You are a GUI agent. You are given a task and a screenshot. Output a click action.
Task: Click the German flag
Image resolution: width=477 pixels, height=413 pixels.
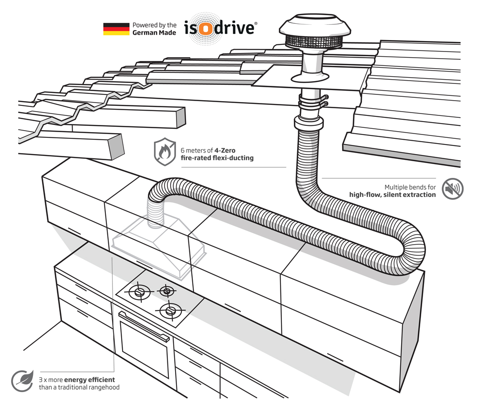(116, 29)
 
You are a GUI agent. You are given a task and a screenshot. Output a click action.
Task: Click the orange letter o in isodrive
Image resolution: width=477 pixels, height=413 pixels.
(206, 29)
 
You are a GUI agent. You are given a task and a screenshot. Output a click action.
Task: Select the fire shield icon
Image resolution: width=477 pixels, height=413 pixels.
(165, 152)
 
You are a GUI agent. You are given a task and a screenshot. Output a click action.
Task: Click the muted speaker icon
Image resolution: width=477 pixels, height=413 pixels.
(453, 189)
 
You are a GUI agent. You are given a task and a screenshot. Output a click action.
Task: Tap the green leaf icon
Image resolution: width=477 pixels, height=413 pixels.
(22, 381)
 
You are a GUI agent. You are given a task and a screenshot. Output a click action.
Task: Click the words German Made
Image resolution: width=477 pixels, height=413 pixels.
(154, 32)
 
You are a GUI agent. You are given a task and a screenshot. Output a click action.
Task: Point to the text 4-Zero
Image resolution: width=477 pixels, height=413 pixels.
(225, 150)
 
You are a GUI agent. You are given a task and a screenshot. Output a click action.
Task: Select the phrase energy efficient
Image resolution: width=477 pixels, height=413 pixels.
(90, 380)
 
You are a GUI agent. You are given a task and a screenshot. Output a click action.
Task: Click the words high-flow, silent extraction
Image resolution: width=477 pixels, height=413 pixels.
(393, 195)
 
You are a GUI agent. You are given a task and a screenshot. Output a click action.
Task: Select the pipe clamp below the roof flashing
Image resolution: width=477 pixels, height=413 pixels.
(313, 101)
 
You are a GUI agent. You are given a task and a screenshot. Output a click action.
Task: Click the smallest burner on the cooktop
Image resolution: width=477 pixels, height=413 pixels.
(166, 291)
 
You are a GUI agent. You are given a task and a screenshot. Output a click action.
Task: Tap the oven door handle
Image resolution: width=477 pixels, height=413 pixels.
(144, 326)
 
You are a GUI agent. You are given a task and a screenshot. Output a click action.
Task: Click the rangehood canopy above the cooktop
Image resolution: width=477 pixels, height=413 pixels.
(159, 247)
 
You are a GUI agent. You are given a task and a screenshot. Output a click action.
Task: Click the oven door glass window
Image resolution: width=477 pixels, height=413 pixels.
(144, 350)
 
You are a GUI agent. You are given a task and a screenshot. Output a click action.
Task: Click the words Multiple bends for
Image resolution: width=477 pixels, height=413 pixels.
(410, 187)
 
